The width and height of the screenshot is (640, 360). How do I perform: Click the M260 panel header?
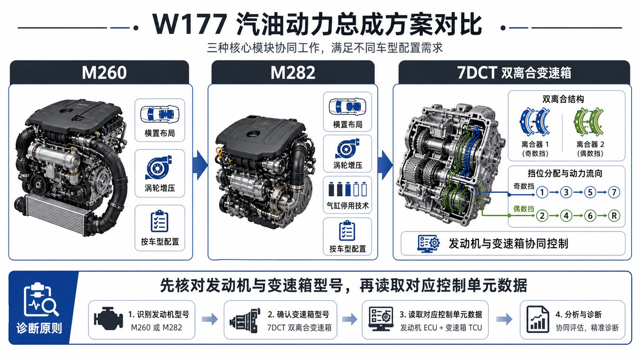(100, 72)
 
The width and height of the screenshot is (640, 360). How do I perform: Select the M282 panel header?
(293, 72)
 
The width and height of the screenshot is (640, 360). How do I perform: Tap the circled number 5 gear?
(590, 192)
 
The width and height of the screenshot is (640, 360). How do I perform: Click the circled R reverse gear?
(614, 215)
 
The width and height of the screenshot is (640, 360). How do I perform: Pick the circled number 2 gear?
(542, 215)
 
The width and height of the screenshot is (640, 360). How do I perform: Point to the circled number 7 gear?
(614, 192)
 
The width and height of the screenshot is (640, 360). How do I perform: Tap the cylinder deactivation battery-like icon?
(348, 189)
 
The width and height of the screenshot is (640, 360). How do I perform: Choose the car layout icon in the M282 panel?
(348, 107)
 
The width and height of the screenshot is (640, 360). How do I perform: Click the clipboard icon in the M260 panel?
(160, 221)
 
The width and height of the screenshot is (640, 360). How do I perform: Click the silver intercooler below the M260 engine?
(54, 212)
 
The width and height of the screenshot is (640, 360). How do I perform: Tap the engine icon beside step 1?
(108, 319)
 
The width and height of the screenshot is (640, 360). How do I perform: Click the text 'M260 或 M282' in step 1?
(156, 327)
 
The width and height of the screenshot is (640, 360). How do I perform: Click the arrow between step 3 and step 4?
(504, 319)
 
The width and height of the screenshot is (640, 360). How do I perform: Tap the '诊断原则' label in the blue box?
(39, 328)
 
